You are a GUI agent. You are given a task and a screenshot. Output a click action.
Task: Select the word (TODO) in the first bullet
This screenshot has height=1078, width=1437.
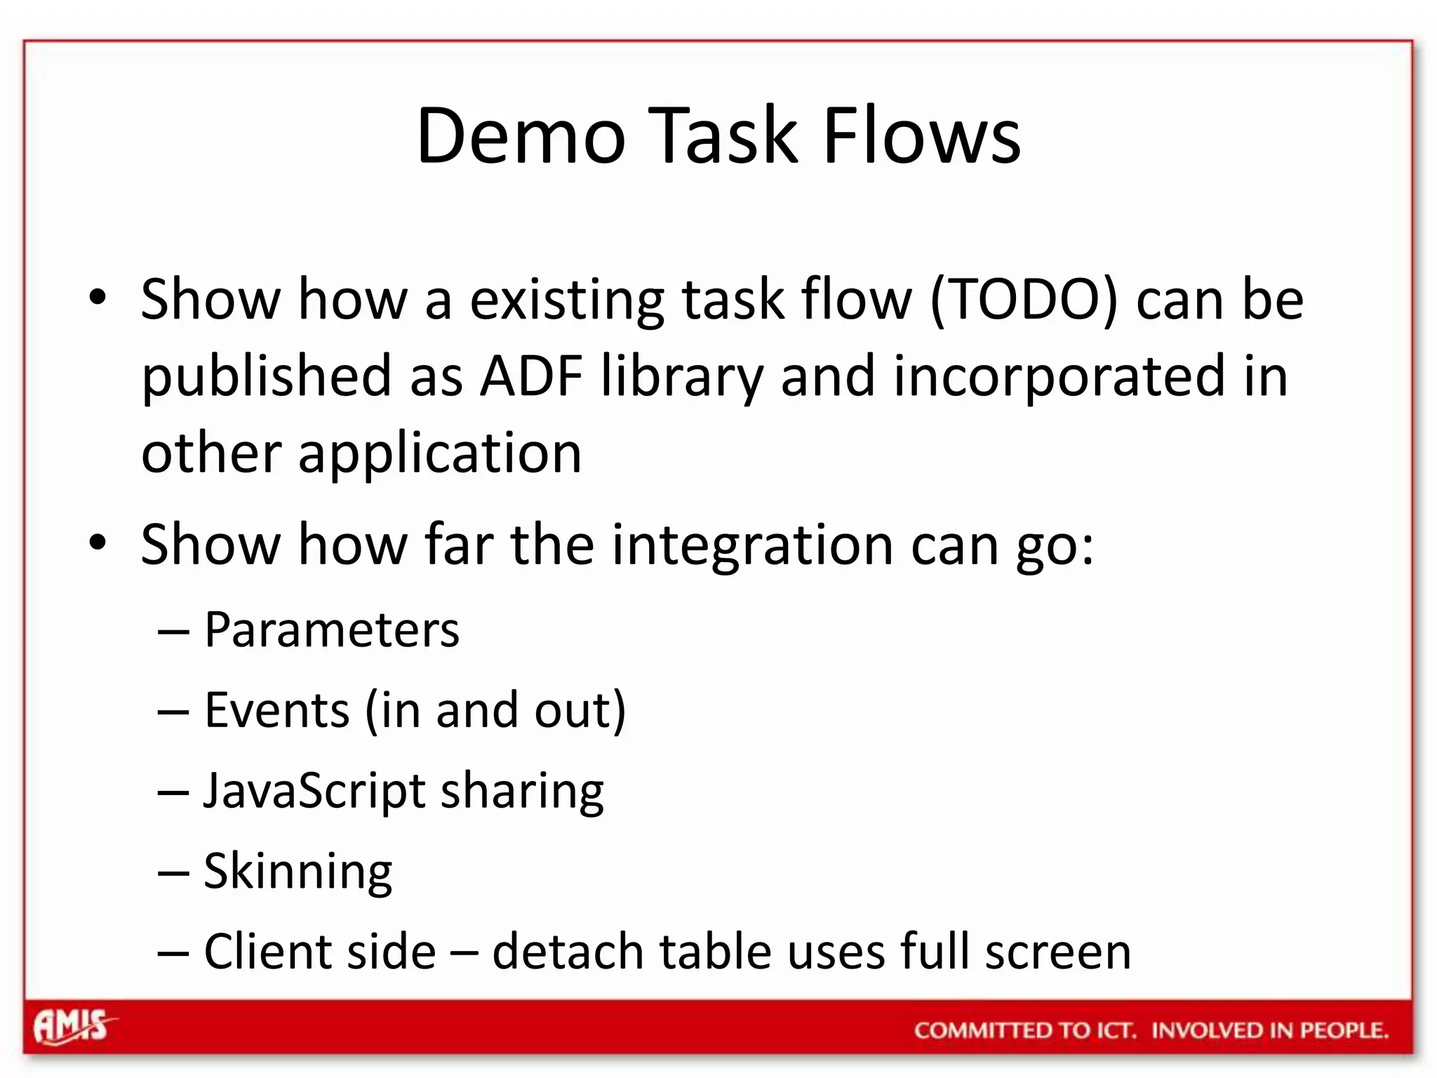click(1024, 300)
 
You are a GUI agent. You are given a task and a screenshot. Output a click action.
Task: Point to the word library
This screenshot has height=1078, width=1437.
click(681, 377)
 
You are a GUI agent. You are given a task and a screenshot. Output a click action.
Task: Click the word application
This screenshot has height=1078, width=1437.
click(440, 454)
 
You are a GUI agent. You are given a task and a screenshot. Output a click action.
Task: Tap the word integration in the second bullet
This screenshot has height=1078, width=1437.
click(752, 545)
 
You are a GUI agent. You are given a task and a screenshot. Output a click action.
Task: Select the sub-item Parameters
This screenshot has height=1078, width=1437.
click(331, 630)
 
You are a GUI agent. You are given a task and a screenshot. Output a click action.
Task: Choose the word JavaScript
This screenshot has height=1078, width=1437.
click(314, 792)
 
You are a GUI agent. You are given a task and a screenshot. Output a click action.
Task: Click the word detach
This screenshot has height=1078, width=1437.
click(568, 952)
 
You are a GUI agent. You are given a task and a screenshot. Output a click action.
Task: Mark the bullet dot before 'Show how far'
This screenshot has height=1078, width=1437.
click(98, 542)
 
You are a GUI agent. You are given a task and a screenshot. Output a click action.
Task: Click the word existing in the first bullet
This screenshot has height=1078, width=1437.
click(566, 300)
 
